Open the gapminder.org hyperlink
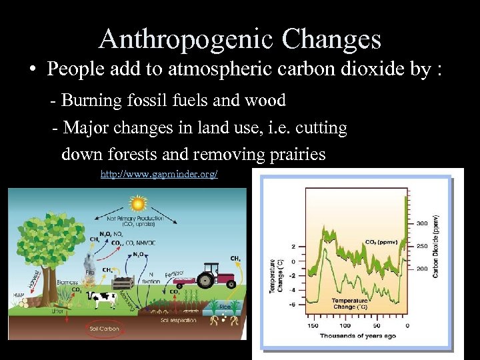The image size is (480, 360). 159,174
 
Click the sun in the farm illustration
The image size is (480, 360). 138,203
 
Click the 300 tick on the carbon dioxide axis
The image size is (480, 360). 422,223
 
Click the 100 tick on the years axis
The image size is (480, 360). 345,325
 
